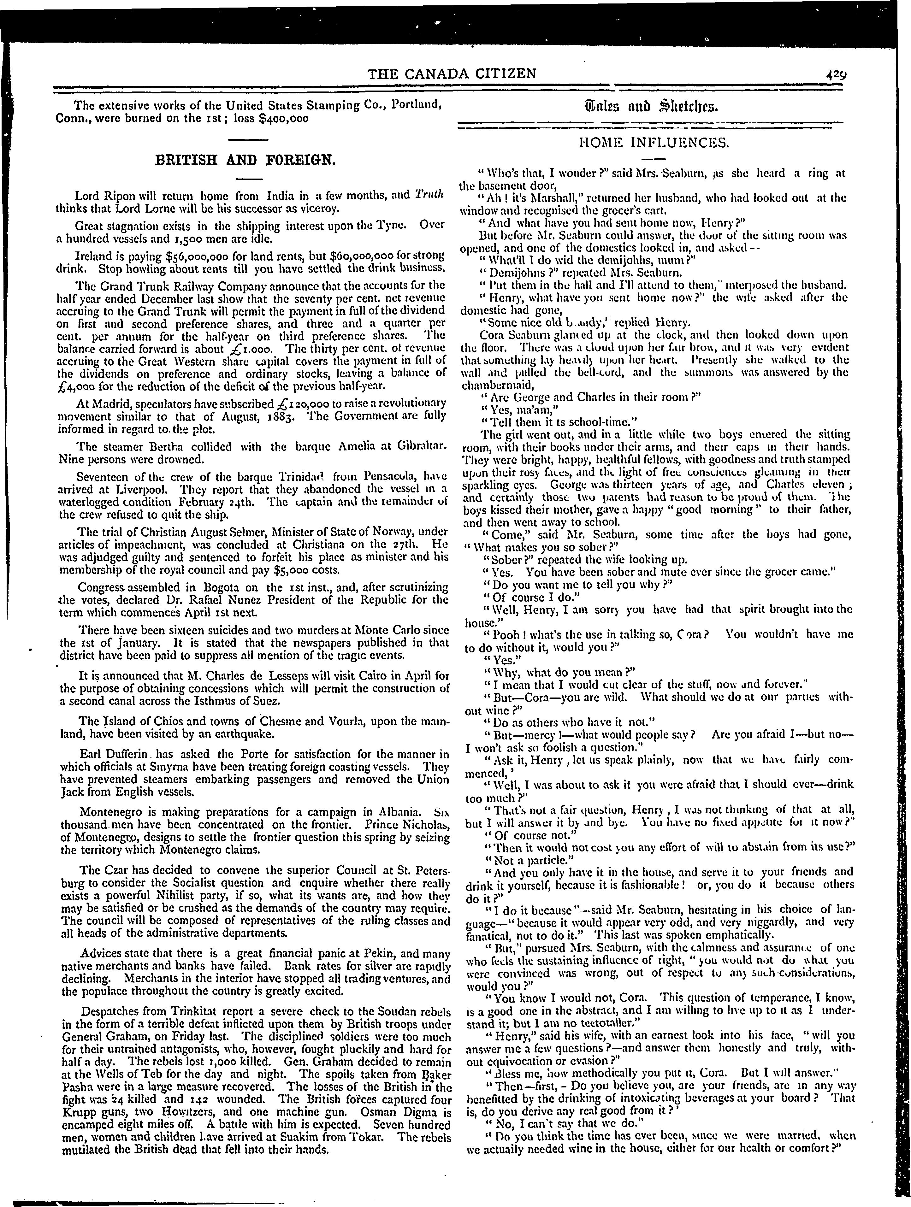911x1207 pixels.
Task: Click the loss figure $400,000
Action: tap(283, 118)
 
